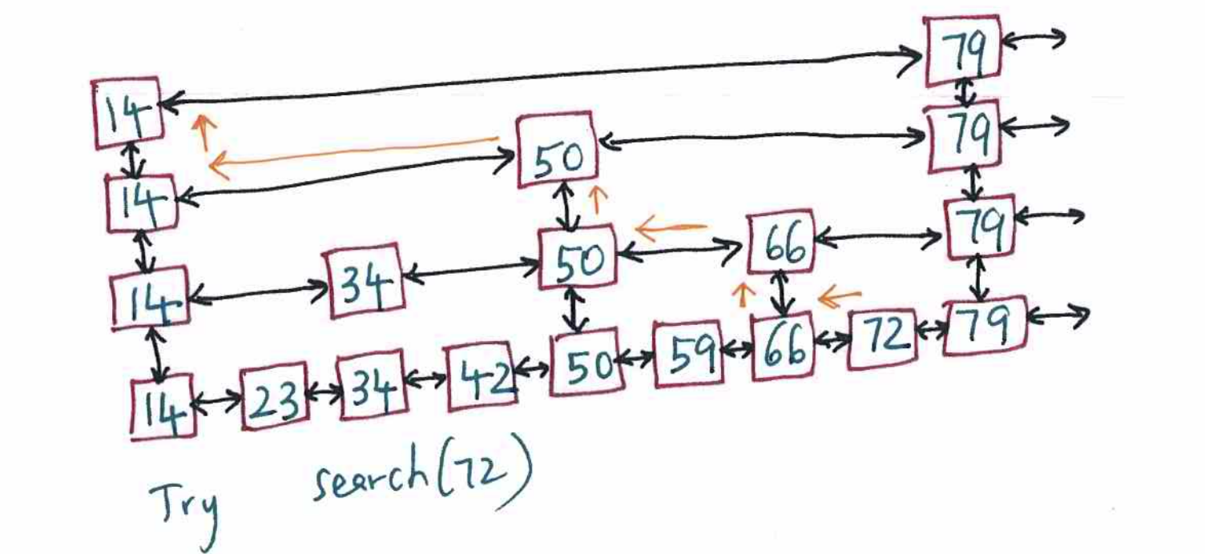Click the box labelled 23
coord(275,396)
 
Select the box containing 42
coord(481,376)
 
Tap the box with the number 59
coord(688,353)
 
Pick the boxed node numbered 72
coord(882,339)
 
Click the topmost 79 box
coord(962,50)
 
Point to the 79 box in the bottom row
coord(985,326)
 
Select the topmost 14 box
coord(127,113)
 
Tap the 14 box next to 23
coord(163,407)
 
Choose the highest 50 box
coord(557,150)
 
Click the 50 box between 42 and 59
coord(586,363)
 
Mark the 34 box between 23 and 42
coord(372,385)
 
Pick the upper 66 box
coord(781,241)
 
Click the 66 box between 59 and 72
coord(784,346)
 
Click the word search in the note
coord(370,474)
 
